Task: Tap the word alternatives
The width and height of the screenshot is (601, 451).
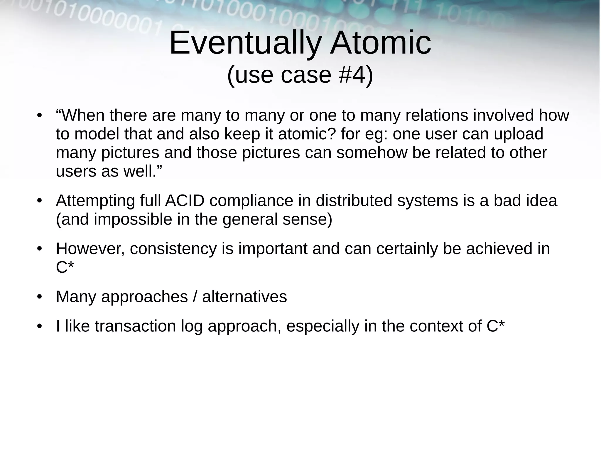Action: point(244,296)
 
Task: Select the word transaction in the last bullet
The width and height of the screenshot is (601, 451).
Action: point(135,326)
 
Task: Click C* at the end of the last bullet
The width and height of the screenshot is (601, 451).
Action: point(496,326)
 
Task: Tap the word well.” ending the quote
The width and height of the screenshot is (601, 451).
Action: point(143,171)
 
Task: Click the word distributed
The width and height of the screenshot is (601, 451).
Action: point(354,201)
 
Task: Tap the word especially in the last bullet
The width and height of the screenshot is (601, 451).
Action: point(323,326)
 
